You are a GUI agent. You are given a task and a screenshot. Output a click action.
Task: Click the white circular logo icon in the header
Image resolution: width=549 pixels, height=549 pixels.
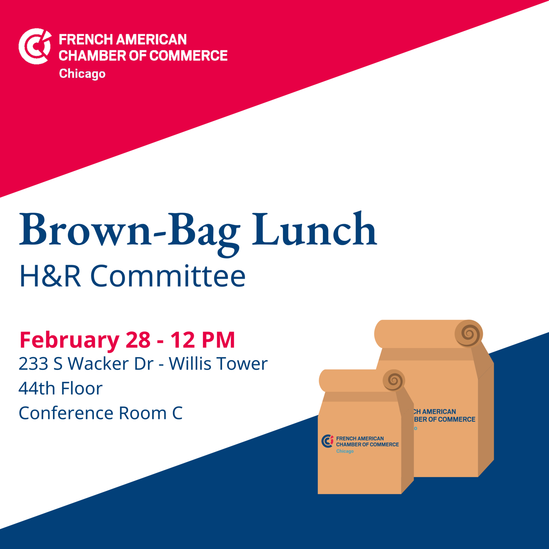coord(35,46)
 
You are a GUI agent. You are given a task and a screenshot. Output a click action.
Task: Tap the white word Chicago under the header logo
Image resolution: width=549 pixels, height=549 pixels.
coord(82,74)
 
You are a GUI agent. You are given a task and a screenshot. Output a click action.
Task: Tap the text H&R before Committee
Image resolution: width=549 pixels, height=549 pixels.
coord(50,276)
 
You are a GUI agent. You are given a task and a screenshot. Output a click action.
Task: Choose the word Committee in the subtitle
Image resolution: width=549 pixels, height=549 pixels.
coord(168,276)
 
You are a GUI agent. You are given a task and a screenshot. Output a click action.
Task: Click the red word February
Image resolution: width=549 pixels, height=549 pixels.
coord(69,340)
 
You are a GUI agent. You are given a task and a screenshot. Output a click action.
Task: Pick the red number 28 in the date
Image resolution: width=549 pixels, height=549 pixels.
coord(138,340)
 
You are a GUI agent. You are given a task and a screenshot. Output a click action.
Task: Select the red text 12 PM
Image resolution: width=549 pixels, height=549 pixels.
coord(203,340)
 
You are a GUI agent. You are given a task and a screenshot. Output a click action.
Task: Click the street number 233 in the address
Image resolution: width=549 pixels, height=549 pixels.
coord(33,364)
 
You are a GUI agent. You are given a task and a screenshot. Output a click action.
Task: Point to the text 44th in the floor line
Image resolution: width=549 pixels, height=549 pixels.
coord(36,389)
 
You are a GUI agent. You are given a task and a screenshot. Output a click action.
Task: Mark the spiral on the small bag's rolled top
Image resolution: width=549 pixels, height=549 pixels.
coord(394,380)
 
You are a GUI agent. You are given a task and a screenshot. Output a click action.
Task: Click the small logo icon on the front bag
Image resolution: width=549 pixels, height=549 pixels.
coord(327,441)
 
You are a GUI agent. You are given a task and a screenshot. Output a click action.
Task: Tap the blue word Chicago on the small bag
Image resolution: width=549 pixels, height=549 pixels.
coord(345,451)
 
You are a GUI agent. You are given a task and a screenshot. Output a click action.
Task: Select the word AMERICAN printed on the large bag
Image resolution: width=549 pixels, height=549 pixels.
coord(439,412)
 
